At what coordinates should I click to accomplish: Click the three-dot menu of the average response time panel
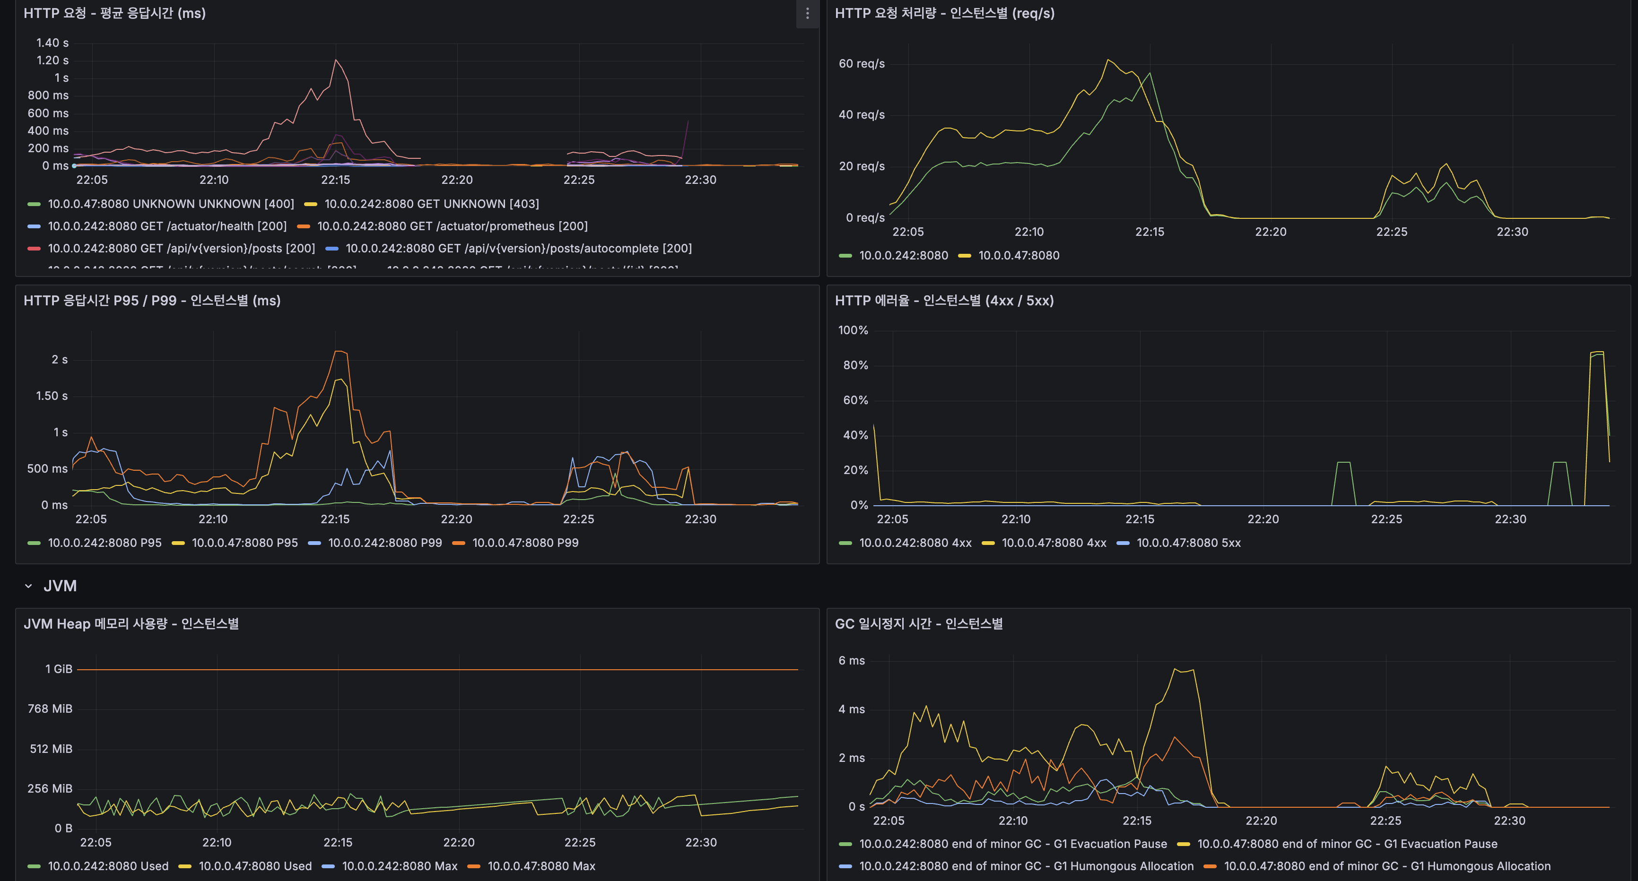pyautogui.click(x=807, y=13)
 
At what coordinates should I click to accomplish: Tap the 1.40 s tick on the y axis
pyautogui.click(x=52, y=43)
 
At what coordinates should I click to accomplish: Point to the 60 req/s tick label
pyautogui.click(x=862, y=63)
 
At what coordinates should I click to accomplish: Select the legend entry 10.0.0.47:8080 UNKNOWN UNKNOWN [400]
pyautogui.click(x=170, y=204)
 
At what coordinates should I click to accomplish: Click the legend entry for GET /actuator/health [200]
pyautogui.click(x=166, y=226)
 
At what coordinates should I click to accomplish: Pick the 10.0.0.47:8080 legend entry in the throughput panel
pyautogui.click(x=1018, y=256)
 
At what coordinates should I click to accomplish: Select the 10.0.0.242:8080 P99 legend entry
pyautogui.click(x=384, y=543)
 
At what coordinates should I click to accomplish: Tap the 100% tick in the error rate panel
pyautogui.click(x=853, y=330)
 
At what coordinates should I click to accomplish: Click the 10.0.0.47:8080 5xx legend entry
pyautogui.click(x=1188, y=543)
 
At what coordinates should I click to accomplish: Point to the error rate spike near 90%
pyautogui.click(x=1597, y=352)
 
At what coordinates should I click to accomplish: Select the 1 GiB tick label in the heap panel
pyautogui.click(x=59, y=669)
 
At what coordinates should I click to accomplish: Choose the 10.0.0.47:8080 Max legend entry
pyautogui.click(x=540, y=866)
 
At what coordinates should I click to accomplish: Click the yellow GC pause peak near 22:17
pyautogui.click(x=1176, y=669)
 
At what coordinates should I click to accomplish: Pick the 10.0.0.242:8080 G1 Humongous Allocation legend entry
pyautogui.click(x=1026, y=866)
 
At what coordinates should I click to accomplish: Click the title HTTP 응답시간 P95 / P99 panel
pyautogui.click(x=152, y=301)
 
